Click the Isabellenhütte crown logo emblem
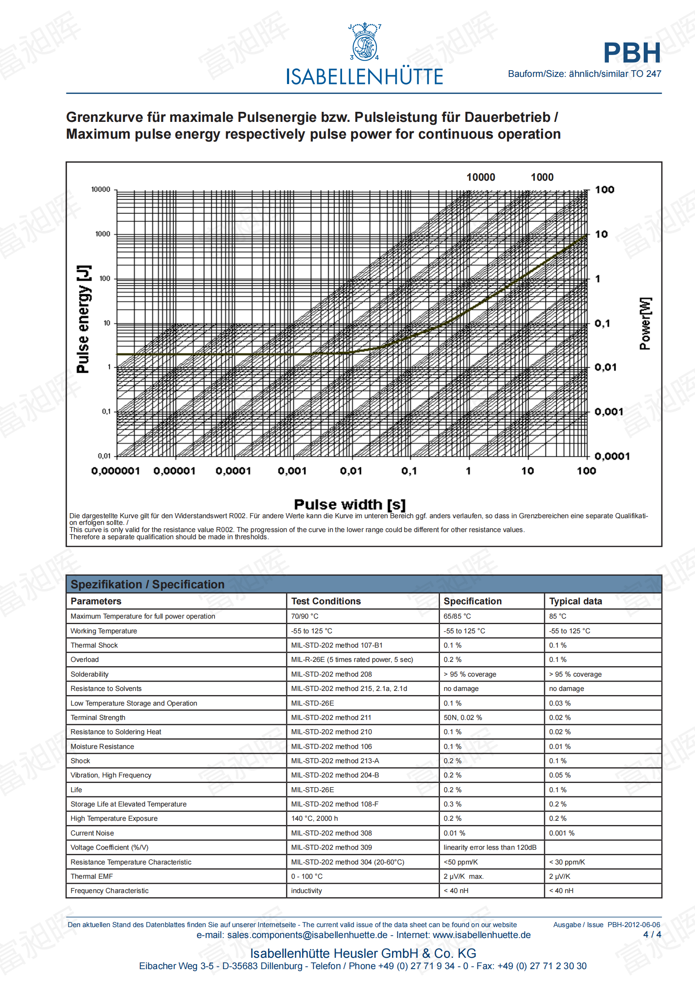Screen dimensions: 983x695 (x=365, y=42)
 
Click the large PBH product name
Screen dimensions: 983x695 (x=632, y=53)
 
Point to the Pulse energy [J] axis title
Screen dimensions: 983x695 (x=83, y=319)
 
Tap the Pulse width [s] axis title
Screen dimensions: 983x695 (x=350, y=504)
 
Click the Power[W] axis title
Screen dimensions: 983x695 (x=645, y=323)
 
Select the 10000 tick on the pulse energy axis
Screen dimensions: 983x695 (x=100, y=189)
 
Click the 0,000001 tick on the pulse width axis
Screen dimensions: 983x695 (x=116, y=471)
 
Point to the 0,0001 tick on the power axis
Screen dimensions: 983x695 (x=612, y=456)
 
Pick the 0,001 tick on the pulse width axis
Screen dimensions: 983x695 (x=292, y=471)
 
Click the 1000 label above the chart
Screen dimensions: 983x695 (x=542, y=177)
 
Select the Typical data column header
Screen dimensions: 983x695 (x=575, y=601)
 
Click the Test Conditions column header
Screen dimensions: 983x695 (x=326, y=601)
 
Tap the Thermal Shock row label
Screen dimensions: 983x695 (x=94, y=645)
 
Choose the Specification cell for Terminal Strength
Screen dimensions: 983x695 (x=463, y=717)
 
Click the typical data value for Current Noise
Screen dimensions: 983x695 (x=561, y=833)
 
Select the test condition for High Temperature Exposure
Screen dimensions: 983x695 (x=314, y=819)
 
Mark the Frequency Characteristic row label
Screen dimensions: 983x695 (x=110, y=891)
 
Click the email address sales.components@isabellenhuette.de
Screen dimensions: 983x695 (x=307, y=935)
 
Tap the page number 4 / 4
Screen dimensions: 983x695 (x=652, y=935)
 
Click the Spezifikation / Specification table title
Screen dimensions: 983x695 (x=147, y=585)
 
